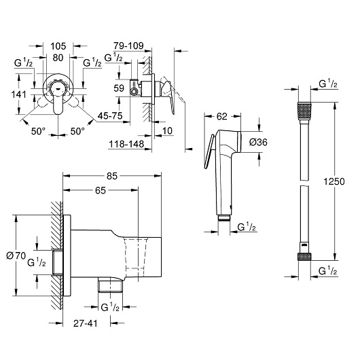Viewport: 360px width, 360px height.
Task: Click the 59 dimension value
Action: pyautogui.click(x=119, y=88)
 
